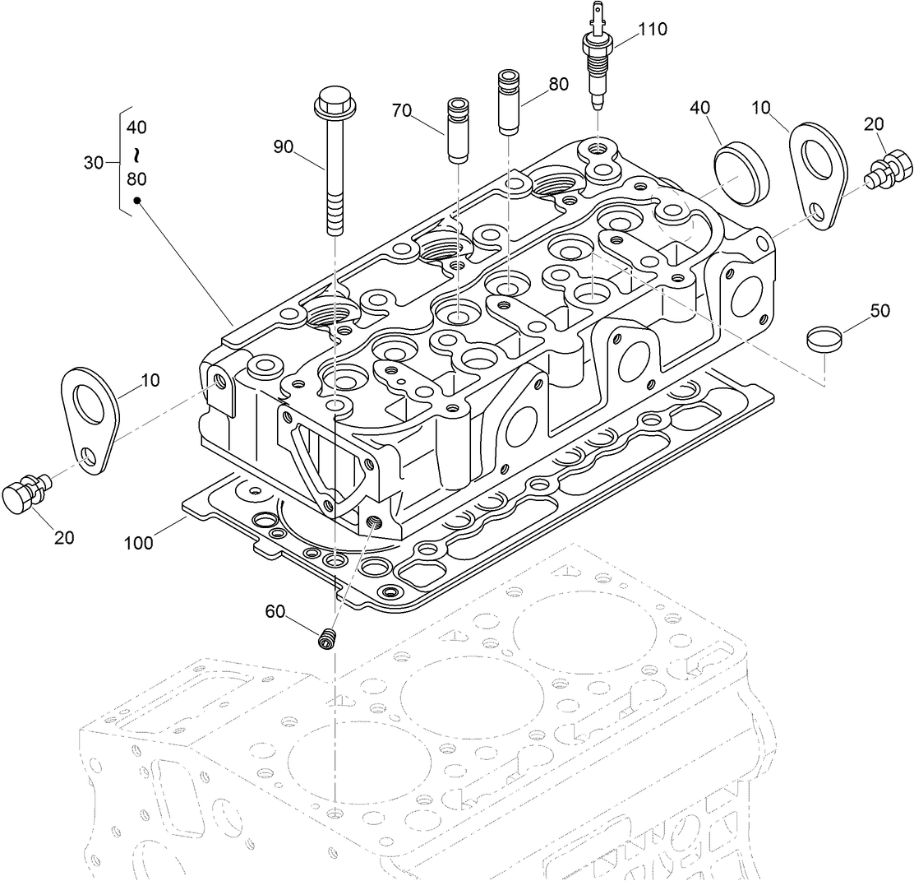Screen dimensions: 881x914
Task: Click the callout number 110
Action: click(x=652, y=30)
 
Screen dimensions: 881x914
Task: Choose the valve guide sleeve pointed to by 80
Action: click(x=510, y=102)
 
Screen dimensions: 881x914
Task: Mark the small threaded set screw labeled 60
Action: click(x=329, y=638)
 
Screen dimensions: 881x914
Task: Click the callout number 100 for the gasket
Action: click(x=141, y=543)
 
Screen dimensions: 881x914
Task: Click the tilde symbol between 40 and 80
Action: click(x=137, y=154)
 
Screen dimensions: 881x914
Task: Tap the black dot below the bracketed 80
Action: click(x=137, y=199)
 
